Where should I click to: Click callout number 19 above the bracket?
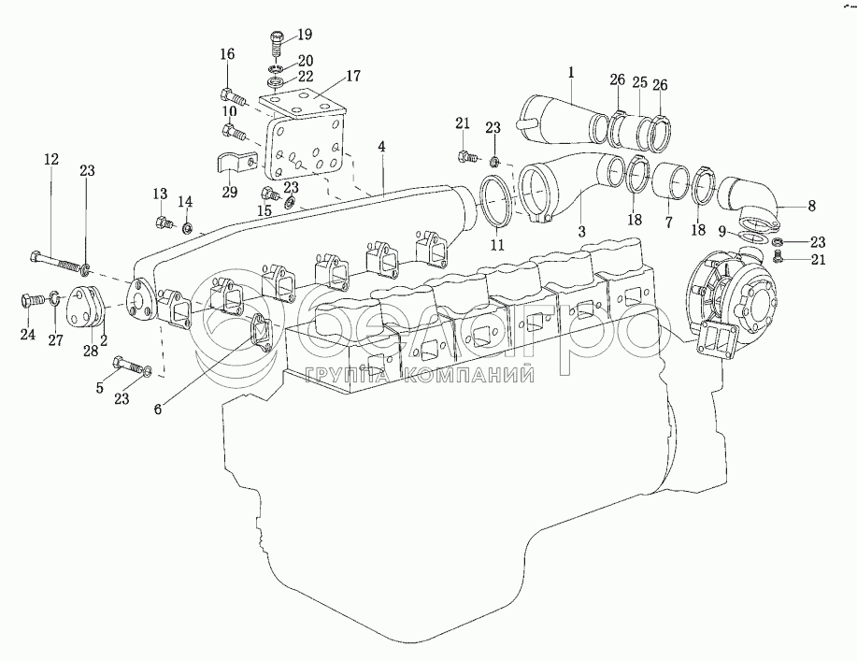[305, 36]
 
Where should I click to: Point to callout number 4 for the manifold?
[382, 148]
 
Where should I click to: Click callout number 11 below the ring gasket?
[496, 245]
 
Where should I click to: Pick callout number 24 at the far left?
[29, 335]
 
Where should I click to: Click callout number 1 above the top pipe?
[571, 71]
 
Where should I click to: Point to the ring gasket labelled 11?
[496, 200]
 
